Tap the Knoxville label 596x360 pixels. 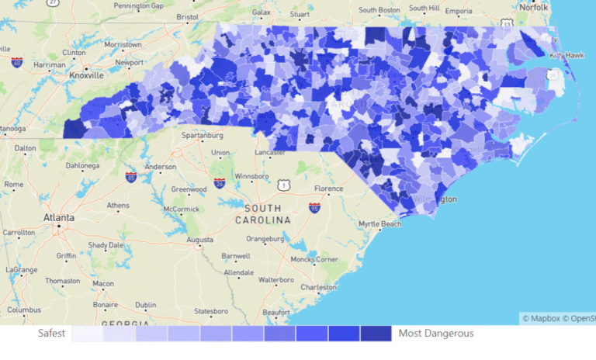click(85, 76)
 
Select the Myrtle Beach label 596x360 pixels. click(379, 224)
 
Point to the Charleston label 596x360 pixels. click(318, 286)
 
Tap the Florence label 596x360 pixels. click(328, 189)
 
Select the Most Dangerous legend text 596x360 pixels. click(436, 334)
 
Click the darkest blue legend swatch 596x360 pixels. click(376, 334)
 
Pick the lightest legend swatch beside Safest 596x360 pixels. click(88, 334)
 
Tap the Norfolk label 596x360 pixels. click(533, 7)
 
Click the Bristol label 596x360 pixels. click(188, 16)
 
